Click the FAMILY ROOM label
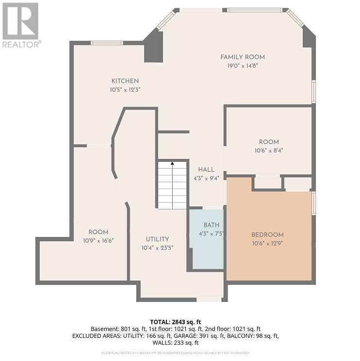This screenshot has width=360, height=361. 243,57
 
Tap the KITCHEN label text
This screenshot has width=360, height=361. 125,81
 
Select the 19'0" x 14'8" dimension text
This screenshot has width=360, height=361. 243,65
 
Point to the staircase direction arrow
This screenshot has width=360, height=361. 172,165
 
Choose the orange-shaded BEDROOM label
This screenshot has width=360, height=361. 267,235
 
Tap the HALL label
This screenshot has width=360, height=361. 206,170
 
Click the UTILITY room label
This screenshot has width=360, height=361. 158,239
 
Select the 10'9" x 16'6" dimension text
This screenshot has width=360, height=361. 98,240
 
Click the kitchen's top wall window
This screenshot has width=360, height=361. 107,43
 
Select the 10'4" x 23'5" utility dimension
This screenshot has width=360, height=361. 158,247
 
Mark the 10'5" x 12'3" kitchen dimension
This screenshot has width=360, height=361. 125,89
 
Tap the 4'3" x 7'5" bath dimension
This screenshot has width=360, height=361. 212,233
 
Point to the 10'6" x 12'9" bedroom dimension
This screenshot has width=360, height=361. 267,243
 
